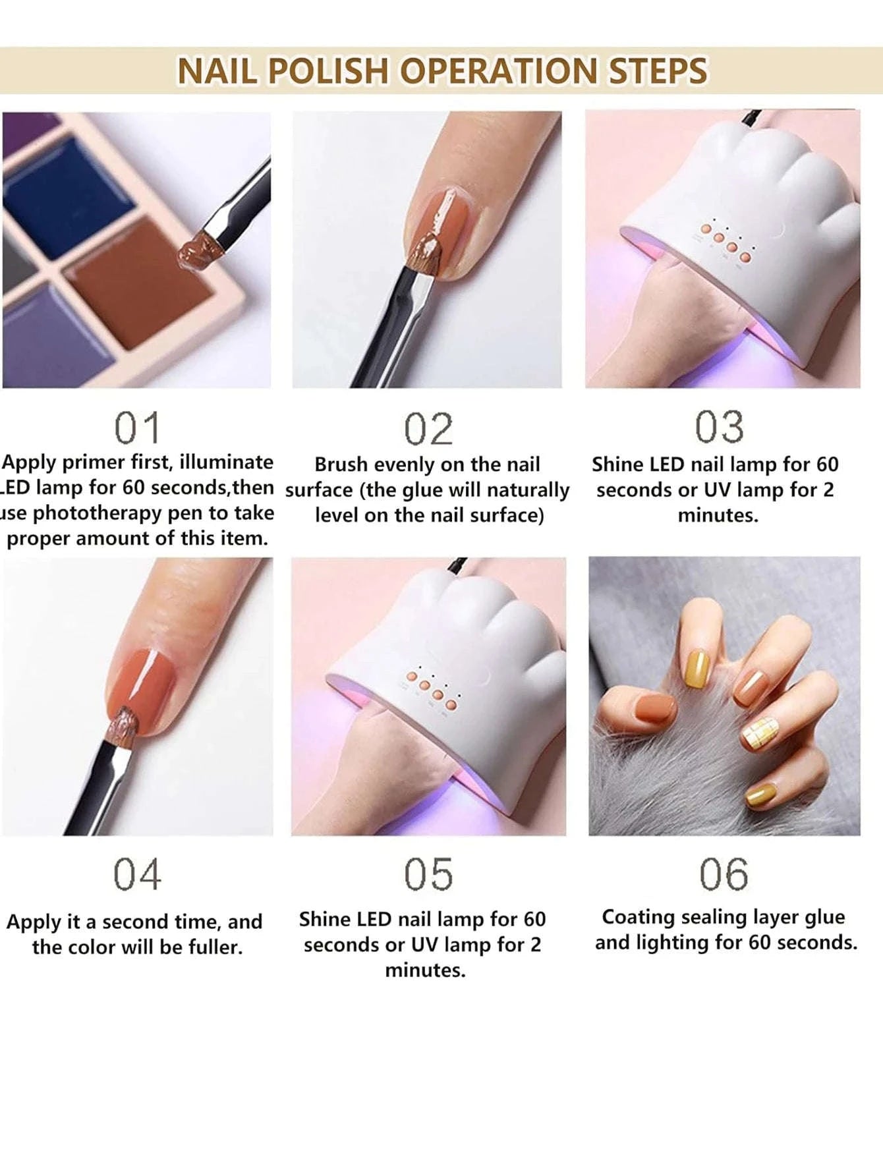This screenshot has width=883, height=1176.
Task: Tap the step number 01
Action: pos(137,428)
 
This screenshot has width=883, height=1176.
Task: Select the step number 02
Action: pos(428,430)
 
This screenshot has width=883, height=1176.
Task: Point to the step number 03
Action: pos(720,427)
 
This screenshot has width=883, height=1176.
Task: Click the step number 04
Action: pos(137,875)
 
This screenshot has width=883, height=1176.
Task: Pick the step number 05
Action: pos(428,875)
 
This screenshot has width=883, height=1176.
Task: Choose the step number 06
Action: pos(724,875)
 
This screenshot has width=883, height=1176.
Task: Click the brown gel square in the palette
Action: pos(142,277)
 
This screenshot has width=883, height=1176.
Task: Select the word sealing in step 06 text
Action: pos(714,917)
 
